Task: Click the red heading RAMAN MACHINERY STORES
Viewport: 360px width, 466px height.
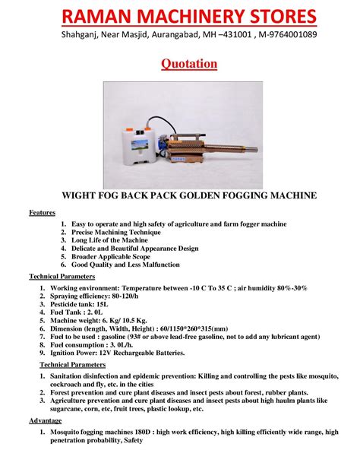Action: [189, 17]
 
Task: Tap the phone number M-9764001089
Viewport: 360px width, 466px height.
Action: [288, 34]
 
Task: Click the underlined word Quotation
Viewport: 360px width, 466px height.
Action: [189, 64]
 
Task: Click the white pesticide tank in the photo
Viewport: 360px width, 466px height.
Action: [138, 147]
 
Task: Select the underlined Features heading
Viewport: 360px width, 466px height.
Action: [43, 213]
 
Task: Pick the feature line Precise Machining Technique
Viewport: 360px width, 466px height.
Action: [116, 232]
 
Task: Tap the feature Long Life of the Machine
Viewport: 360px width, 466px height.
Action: [109, 240]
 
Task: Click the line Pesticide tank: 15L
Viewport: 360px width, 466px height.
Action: [79, 304]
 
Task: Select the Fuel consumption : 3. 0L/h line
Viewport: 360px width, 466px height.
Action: [91, 345]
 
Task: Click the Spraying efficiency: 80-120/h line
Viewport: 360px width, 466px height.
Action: [94, 296]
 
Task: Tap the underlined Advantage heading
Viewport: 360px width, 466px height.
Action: [45, 420]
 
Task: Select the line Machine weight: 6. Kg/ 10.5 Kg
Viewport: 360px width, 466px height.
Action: [99, 320]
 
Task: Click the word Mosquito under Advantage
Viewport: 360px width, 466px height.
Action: [64, 432]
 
